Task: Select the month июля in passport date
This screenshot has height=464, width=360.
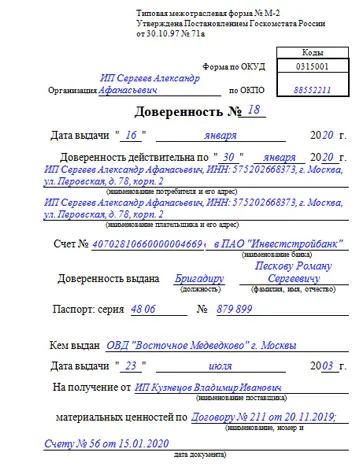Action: pos(213,367)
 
